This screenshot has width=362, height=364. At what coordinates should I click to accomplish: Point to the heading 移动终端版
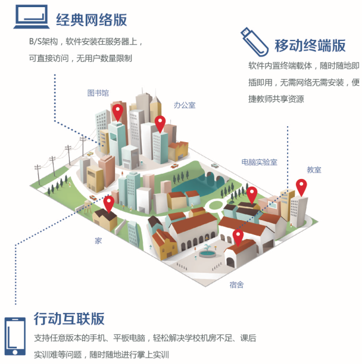point(310,45)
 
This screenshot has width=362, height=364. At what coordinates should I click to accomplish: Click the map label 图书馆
point(98,93)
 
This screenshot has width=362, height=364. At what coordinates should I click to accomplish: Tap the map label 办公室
point(185,105)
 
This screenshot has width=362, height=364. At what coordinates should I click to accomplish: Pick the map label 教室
point(314,170)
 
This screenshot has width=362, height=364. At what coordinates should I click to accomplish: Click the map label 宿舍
point(236,285)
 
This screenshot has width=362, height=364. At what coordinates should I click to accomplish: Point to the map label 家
point(98,241)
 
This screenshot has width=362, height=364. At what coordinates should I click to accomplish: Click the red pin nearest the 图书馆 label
point(118,111)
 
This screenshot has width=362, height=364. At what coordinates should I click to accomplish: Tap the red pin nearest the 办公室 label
point(160,124)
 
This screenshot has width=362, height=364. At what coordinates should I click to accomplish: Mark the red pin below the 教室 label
point(301,187)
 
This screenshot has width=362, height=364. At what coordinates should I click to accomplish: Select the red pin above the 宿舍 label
point(238,237)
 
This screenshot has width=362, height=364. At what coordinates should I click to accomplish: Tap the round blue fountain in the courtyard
point(207,253)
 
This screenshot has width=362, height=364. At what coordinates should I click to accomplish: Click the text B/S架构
point(44,43)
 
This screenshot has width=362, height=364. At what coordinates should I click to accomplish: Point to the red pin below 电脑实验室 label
point(252,194)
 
